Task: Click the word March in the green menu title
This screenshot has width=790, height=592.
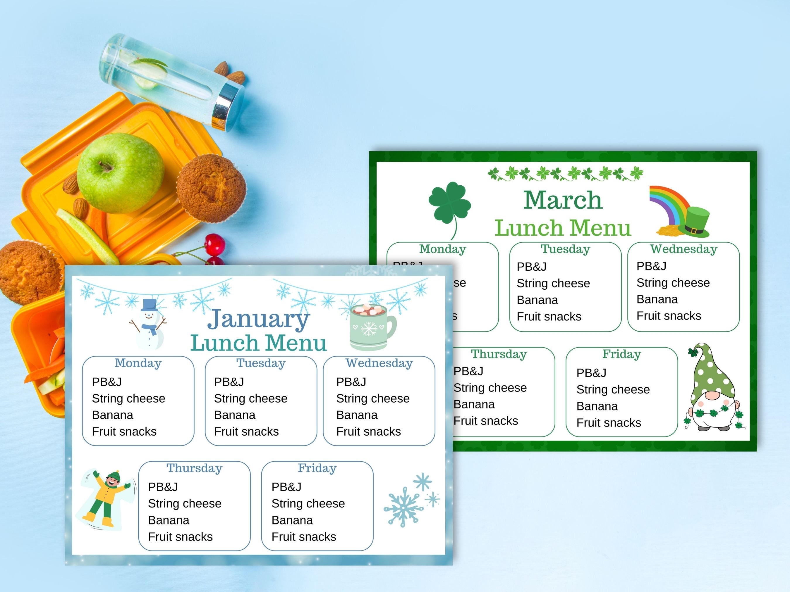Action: pos(563,200)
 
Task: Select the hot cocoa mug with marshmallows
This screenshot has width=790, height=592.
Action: pos(371,327)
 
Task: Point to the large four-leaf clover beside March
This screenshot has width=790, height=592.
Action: pos(449,205)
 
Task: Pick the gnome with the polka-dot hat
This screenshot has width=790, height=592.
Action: pos(712,389)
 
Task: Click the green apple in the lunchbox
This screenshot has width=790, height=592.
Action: pos(120,173)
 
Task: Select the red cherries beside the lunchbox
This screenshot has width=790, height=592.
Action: pos(214,246)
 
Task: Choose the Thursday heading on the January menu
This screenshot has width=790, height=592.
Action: pos(194,468)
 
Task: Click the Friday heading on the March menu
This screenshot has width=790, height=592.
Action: pos(621,354)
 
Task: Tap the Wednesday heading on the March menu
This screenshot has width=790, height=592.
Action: pos(683,249)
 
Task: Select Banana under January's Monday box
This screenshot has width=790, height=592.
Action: pos(112,415)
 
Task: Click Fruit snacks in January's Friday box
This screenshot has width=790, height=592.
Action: pos(304,537)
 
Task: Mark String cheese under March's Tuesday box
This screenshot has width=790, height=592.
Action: pos(553,283)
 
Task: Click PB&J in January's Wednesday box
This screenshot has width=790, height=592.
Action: pos(351,382)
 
